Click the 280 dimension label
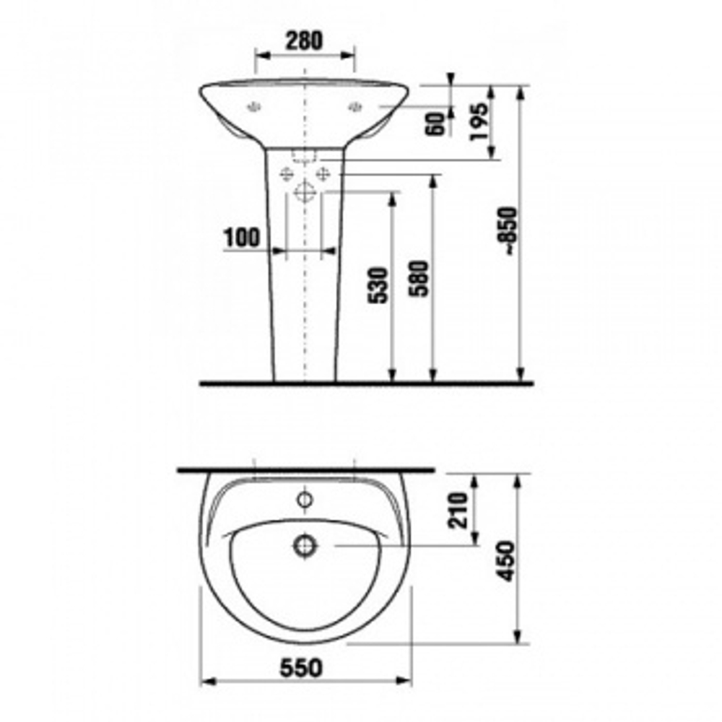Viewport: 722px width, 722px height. tap(305, 40)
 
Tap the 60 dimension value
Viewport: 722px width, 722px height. tap(437, 124)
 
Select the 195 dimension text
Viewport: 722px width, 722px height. tap(478, 121)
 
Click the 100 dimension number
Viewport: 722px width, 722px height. tap(242, 238)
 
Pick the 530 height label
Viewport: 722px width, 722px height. tap(378, 285)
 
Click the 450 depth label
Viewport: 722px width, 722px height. tap(505, 562)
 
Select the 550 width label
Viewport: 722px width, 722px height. tap(302, 668)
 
